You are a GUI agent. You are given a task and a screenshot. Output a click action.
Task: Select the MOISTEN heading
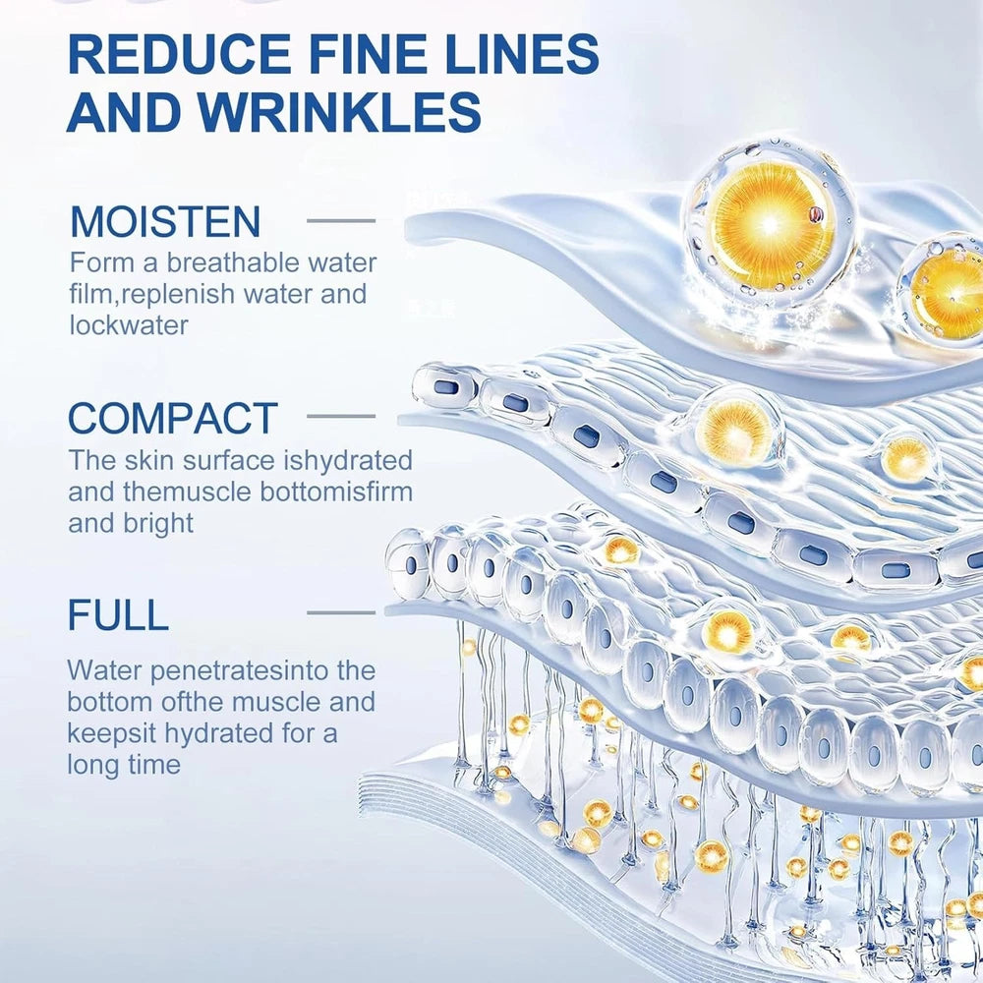click(165, 221)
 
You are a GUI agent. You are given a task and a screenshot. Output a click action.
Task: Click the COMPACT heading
click(173, 418)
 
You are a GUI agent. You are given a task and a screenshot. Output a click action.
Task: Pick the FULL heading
click(118, 614)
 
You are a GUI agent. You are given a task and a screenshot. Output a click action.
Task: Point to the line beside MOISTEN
click(341, 220)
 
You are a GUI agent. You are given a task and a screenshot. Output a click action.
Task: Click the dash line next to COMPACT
click(341, 417)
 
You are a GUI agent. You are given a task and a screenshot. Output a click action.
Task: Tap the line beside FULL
click(341, 613)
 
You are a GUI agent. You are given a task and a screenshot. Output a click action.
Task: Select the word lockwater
click(129, 325)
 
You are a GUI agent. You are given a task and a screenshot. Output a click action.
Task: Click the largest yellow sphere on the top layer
click(770, 226)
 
